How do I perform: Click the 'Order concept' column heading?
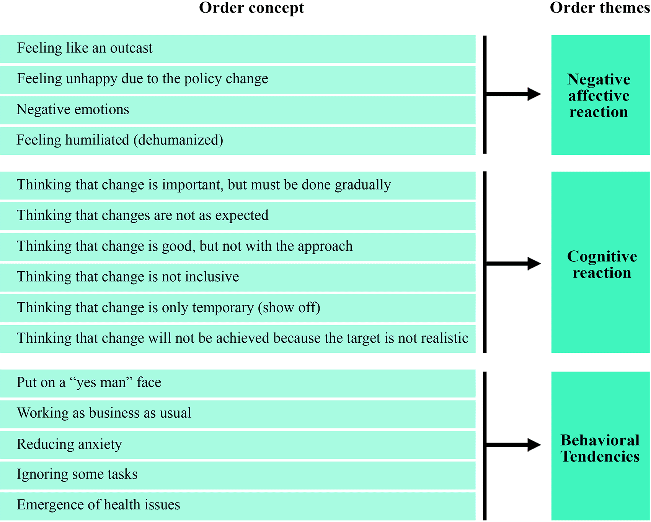[x=251, y=8]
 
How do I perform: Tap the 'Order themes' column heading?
[x=600, y=8]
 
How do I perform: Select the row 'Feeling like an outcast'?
[x=238, y=49]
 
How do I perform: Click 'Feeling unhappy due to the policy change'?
[x=238, y=79]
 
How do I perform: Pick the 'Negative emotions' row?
[x=238, y=110]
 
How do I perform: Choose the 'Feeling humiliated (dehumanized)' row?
[x=238, y=141]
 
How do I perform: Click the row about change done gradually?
[x=238, y=185]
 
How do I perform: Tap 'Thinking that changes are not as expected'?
[x=238, y=216]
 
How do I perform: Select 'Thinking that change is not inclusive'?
[x=238, y=277]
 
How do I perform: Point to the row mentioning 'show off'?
[x=238, y=308]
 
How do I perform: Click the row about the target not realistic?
[x=238, y=339]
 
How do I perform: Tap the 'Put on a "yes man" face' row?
[x=238, y=383]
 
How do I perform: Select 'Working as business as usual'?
[x=238, y=414]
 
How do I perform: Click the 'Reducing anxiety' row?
[x=238, y=445]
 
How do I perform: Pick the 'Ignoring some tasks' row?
[x=238, y=475]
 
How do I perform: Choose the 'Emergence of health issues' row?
[x=238, y=506]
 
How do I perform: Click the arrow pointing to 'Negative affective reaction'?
[x=513, y=94]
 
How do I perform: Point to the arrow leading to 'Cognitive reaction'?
[x=513, y=263]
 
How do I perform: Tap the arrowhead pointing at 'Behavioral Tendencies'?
[x=534, y=444]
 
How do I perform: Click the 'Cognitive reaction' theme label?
[x=602, y=264]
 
